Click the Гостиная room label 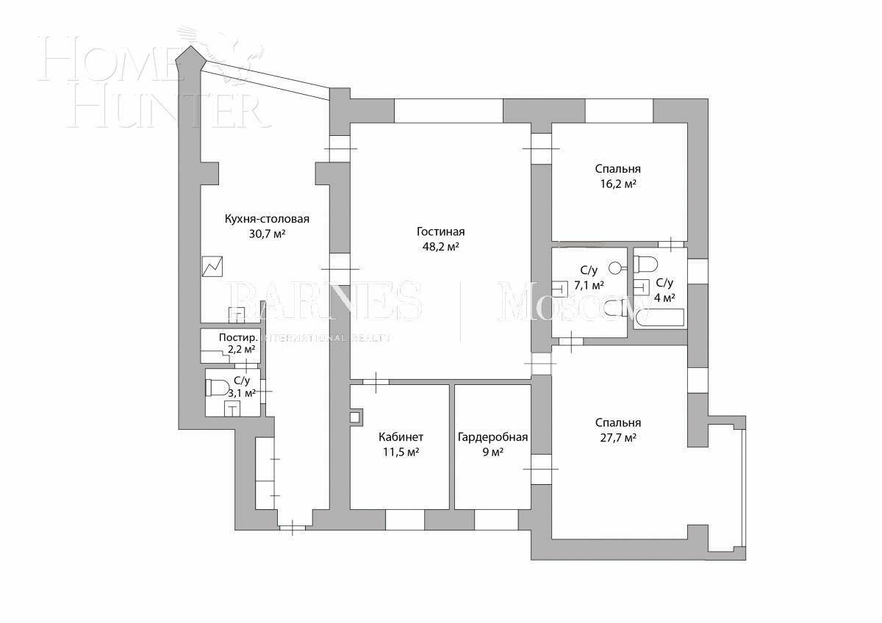441,232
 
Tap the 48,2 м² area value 441,248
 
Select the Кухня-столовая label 267,219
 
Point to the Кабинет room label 401,437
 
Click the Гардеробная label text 492,437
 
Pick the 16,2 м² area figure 617,184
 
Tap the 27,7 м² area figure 617,438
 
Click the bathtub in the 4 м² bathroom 659,319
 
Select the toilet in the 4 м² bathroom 647,263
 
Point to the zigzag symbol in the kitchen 212,266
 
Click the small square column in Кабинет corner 356,417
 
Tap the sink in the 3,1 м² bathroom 233,408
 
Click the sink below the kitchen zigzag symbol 237,314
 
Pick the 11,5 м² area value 401,453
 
